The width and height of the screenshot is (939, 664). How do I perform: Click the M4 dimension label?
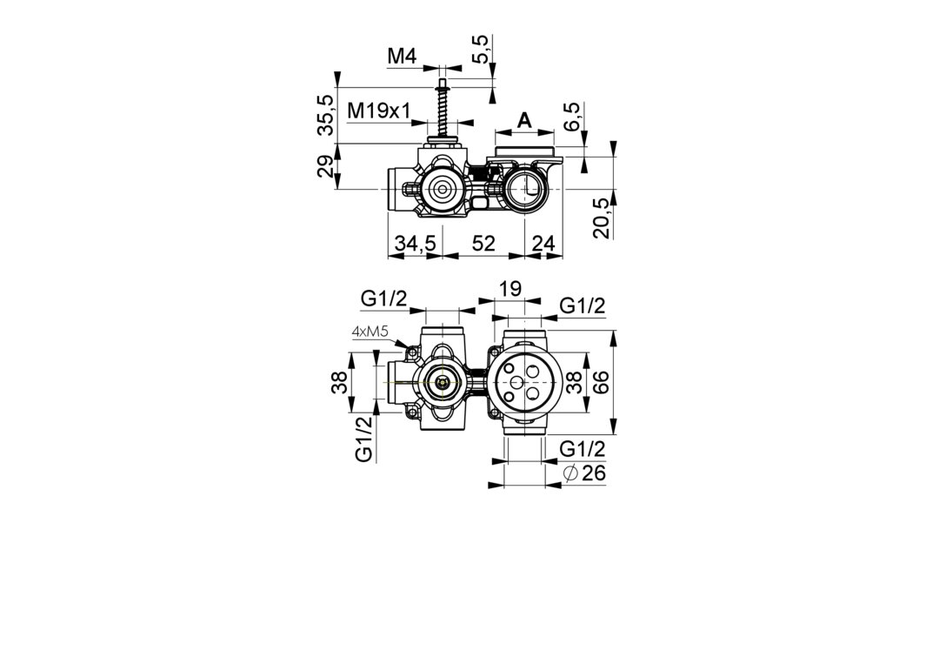point(401,57)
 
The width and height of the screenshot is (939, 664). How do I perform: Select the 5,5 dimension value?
point(482,50)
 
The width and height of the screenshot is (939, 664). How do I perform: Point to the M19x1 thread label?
point(379,111)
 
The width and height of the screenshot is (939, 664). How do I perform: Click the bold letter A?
point(524,120)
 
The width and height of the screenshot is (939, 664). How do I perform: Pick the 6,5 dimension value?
point(572,117)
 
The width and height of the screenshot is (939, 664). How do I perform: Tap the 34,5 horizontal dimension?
point(415,244)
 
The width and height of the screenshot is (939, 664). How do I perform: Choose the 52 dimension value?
point(484,244)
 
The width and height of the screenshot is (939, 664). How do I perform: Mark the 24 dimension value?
point(543,244)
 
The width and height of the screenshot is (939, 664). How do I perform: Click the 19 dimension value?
point(510,288)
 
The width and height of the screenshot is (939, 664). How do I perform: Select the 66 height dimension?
point(601,382)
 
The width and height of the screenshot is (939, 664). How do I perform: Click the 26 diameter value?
point(594,473)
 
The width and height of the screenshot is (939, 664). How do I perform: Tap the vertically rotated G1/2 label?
point(363,439)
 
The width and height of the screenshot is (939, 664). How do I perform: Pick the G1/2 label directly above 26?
point(582,449)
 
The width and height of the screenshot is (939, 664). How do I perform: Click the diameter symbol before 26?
point(570,473)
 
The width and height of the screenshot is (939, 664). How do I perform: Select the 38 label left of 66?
point(574,382)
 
